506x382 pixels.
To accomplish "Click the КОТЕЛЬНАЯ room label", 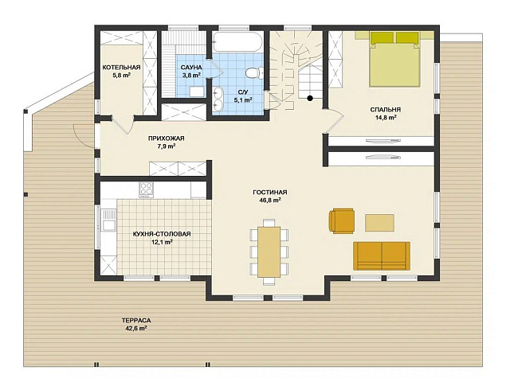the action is [121, 68].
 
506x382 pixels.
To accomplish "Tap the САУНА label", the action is [191, 68].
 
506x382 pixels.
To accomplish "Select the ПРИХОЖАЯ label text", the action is [167, 138].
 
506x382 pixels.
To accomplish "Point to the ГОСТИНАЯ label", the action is [270, 193].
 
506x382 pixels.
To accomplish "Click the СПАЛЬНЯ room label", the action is [386, 110].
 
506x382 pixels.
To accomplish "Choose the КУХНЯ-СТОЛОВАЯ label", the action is [162, 234].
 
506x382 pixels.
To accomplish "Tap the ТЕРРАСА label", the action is [136, 321].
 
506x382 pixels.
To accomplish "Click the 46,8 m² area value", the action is [270, 201].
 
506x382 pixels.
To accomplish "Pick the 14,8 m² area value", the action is [386, 118].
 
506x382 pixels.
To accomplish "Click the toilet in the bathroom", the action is [254, 72].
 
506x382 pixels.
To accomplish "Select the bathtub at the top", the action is [238, 41].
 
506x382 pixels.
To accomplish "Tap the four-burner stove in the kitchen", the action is [146, 190].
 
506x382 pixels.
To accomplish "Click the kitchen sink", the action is [108, 220].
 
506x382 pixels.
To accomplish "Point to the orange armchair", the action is [342, 220].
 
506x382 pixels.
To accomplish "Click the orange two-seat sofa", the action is [382, 256].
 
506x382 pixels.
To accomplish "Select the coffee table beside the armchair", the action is [379, 223].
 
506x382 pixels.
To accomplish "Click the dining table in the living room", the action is [269, 251].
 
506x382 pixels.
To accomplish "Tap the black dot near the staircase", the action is [310, 99].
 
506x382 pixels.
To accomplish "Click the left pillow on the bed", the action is [382, 37].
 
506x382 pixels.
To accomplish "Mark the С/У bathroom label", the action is [243, 92].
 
